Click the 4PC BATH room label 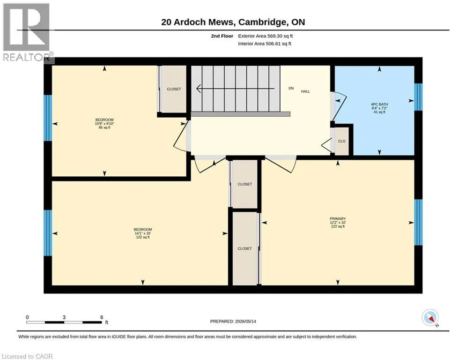(x=379, y=105)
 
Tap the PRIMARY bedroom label (x=338, y=219)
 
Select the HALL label (x=305, y=91)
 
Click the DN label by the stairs (x=291, y=88)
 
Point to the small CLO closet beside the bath (x=342, y=141)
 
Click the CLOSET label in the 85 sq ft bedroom (x=174, y=89)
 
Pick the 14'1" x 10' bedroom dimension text (x=143, y=233)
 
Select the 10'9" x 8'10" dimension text (x=104, y=123)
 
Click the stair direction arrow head (x=199, y=89)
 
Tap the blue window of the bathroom (x=418, y=97)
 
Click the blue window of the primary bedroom (x=418, y=222)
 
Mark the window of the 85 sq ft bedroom (x=48, y=118)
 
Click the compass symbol (x=430, y=318)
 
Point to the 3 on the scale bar (x=64, y=317)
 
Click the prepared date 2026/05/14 (x=245, y=321)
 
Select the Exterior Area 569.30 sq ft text (x=266, y=36)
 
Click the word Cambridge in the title (x=263, y=22)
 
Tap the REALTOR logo (x=26, y=32)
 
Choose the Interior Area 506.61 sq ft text (x=265, y=44)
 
